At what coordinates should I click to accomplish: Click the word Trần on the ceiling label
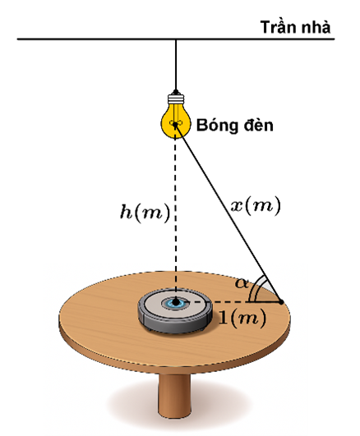[x=275, y=28]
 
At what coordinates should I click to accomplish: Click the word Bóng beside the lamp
[x=217, y=126]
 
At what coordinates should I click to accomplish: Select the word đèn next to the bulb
[x=259, y=126]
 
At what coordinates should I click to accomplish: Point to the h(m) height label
[x=145, y=212]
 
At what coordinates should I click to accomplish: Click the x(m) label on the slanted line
[x=256, y=206]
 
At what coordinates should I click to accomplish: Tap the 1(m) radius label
[x=242, y=318]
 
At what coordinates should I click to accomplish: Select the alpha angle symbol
[x=241, y=283]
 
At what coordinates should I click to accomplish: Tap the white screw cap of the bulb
[x=176, y=99]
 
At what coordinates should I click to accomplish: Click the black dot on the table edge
[x=281, y=301]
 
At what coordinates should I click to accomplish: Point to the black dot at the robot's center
[x=176, y=301]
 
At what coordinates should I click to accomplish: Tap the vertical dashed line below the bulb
[x=175, y=214]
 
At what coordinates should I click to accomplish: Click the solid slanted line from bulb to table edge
[x=228, y=213]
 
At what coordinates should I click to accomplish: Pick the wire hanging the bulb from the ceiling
[x=176, y=65]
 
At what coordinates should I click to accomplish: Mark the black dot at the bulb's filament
[x=175, y=124]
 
